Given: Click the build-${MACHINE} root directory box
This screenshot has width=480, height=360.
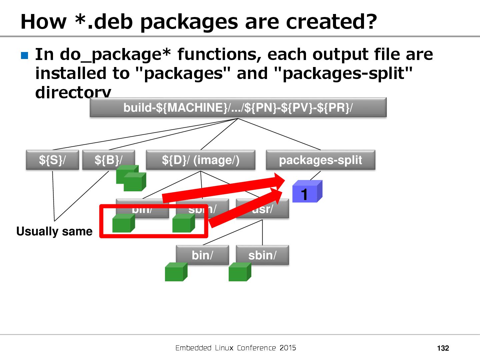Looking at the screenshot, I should pyautogui.click(x=238, y=107).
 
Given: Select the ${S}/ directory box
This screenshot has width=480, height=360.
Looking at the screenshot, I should pyautogui.click(x=52, y=160).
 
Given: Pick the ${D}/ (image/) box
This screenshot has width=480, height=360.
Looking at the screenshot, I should pyautogui.click(x=200, y=160).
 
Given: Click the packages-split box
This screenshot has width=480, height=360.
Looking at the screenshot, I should pyautogui.click(x=320, y=160).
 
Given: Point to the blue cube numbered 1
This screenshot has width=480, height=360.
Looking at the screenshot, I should pyautogui.click(x=306, y=192).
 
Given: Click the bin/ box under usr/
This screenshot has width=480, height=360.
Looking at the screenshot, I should pyautogui.click(x=202, y=255).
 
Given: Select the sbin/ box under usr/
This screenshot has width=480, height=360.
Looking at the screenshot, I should pyautogui.click(x=262, y=255).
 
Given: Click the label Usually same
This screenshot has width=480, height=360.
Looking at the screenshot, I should pyautogui.click(x=54, y=231).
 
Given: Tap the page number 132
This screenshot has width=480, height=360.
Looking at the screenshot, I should pyautogui.click(x=443, y=348).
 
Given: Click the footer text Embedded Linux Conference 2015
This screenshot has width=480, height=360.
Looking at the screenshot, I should pyautogui.click(x=236, y=348).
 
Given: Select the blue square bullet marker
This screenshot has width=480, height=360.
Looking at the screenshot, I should pyautogui.click(x=25, y=55).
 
